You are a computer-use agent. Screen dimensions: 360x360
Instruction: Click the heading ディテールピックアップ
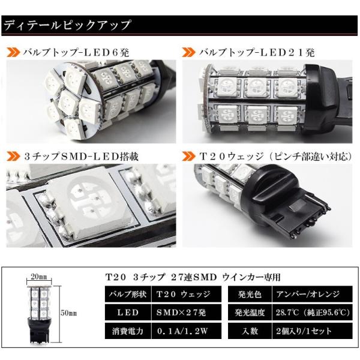67,25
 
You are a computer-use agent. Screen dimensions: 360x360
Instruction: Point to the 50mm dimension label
68,313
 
